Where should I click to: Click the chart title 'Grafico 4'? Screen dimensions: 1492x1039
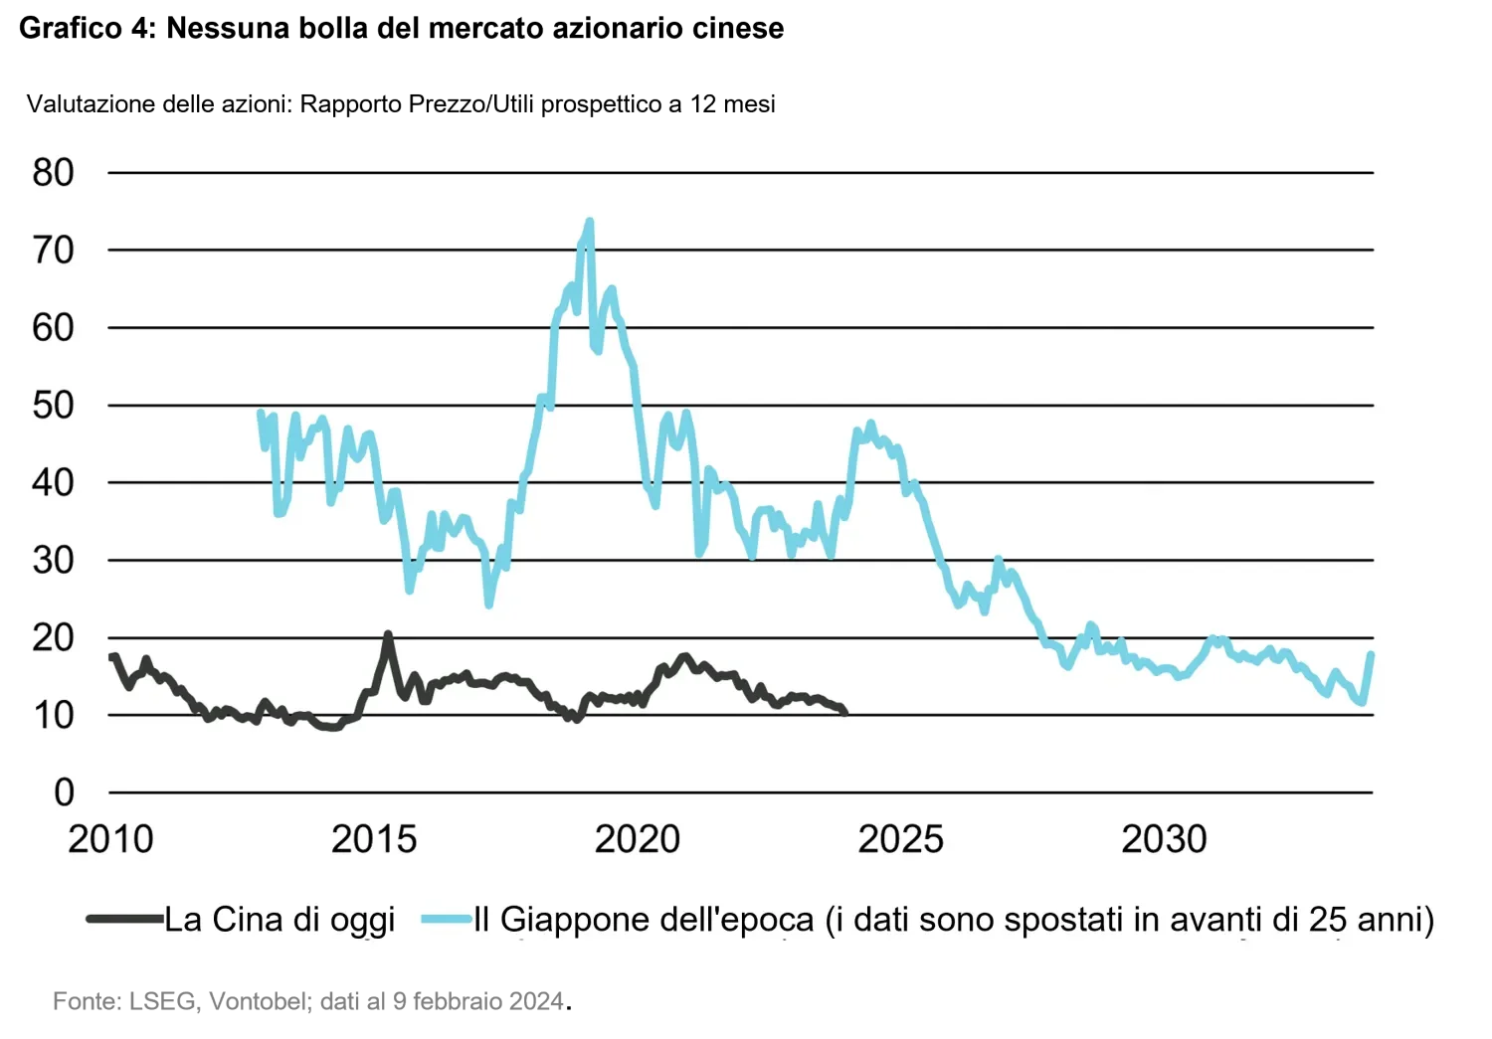(x=87, y=28)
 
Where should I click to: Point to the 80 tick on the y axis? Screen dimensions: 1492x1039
(x=54, y=172)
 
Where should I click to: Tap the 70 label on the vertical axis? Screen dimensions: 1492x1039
(x=54, y=251)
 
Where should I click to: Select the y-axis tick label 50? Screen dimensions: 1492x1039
(x=54, y=406)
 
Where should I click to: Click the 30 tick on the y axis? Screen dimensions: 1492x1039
(x=54, y=561)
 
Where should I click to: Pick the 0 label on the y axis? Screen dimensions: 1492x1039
(x=64, y=792)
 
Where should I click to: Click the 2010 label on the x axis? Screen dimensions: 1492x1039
(x=110, y=838)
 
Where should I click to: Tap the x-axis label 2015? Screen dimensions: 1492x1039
(x=374, y=838)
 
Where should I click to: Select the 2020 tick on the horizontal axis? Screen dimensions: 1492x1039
(x=638, y=838)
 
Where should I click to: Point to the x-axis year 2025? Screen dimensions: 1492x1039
(x=900, y=838)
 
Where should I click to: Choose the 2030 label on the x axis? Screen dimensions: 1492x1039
(x=1165, y=838)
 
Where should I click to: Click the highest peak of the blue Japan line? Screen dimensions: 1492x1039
(x=590, y=221)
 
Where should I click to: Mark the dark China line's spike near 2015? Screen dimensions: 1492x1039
(x=388, y=634)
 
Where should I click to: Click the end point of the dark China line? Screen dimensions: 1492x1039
(x=844, y=712)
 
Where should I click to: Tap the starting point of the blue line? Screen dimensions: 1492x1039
(x=261, y=412)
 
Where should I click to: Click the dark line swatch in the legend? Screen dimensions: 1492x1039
(x=124, y=920)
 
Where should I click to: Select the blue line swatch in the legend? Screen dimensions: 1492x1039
(x=447, y=920)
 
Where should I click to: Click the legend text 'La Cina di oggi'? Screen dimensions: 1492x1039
(x=280, y=920)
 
